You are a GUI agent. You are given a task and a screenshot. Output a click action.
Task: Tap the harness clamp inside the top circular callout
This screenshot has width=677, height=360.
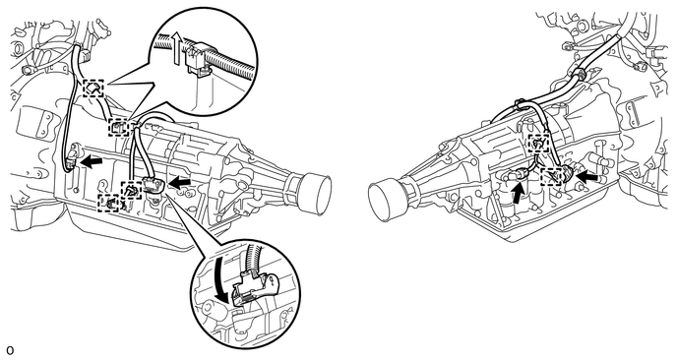pyautogui.click(x=198, y=58)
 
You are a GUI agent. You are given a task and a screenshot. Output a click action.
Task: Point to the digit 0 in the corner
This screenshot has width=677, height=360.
pyautogui.click(x=10, y=350)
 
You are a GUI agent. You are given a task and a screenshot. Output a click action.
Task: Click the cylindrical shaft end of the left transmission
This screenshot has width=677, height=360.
pyautogui.click(x=314, y=195)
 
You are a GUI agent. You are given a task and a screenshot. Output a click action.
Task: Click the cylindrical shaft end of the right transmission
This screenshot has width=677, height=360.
pyautogui.click(x=386, y=203)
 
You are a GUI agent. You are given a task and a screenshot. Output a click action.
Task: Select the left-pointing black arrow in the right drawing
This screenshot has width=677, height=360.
pyautogui.click(x=587, y=176)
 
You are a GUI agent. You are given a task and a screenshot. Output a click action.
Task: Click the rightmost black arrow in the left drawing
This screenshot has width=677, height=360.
pyautogui.click(x=180, y=184)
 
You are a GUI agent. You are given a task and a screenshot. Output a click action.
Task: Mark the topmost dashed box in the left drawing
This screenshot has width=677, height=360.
pyautogui.click(x=93, y=89)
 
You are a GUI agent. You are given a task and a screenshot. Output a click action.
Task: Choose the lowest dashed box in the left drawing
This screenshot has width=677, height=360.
pyautogui.click(x=109, y=204)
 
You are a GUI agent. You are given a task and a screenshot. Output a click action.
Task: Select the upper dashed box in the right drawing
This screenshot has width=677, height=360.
pyautogui.click(x=538, y=144)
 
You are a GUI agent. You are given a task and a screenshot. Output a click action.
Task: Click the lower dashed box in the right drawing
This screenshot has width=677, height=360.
pyautogui.click(x=551, y=176)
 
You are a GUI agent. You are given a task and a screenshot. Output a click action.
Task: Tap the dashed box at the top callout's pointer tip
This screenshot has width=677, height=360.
pyautogui.click(x=118, y=127)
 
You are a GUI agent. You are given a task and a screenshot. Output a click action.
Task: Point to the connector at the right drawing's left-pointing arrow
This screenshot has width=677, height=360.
pyautogui.click(x=568, y=173)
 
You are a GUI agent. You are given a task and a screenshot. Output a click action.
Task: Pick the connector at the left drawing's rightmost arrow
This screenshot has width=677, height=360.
pyautogui.click(x=154, y=185)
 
